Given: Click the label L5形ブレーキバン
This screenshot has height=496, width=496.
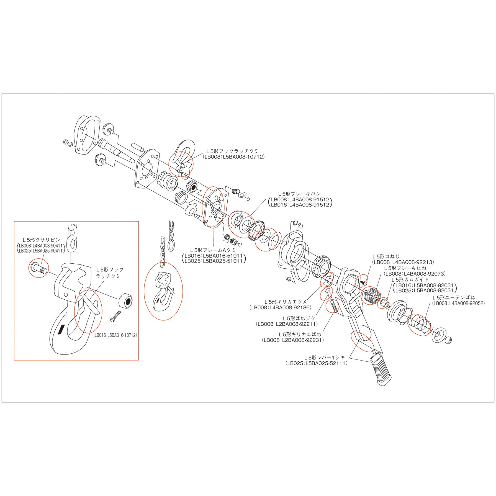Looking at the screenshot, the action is (299, 194).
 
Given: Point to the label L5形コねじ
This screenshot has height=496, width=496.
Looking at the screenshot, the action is (386, 256).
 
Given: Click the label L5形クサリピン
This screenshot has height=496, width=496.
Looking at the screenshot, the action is (41, 240).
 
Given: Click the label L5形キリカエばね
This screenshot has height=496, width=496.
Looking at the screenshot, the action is (300, 335).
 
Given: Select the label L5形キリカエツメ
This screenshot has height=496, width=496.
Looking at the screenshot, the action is (286, 302).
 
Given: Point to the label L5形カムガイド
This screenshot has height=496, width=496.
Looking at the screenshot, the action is (410, 279).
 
